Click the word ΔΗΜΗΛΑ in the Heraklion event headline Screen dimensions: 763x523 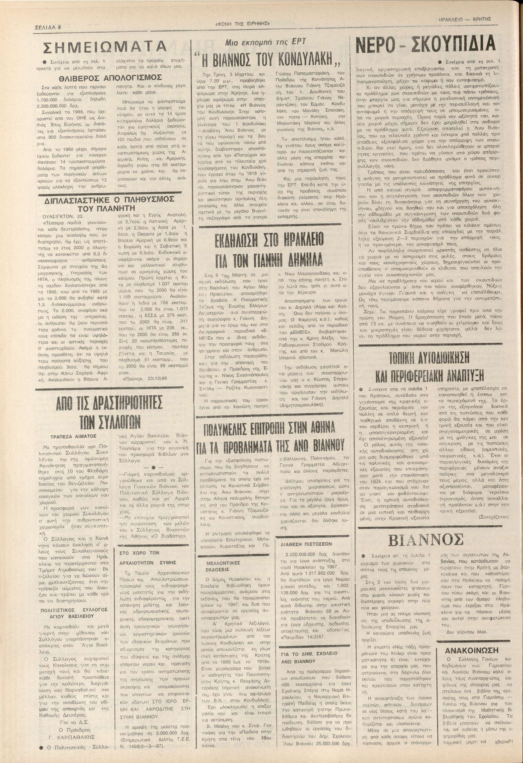coord(301,260)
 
